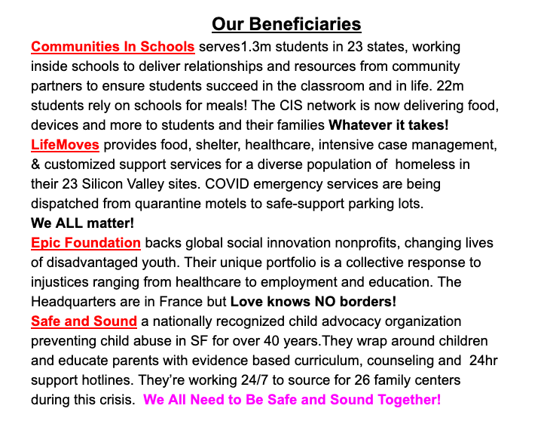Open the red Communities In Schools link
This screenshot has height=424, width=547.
(x=113, y=46)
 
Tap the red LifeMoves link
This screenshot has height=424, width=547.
(x=65, y=144)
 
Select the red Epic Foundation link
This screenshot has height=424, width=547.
(x=86, y=242)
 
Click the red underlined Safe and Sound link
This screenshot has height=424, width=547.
(x=84, y=321)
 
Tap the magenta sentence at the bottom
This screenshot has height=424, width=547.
(x=292, y=399)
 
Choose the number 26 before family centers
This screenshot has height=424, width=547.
(x=349, y=379)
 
